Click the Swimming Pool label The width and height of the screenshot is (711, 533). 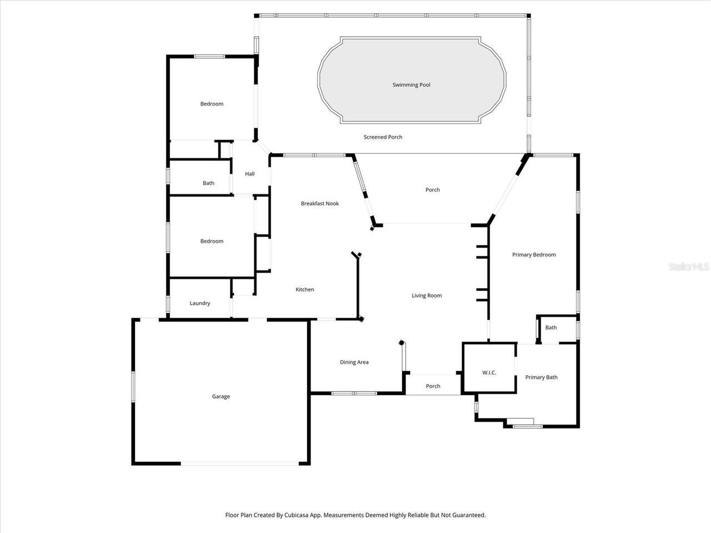pyautogui.click(x=411, y=85)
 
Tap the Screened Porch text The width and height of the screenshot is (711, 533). pyautogui.click(x=383, y=137)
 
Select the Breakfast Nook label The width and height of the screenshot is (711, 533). pyautogui.click(x=319, y=204)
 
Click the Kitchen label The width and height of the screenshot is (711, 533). pyautogui.click(x=304, y=290)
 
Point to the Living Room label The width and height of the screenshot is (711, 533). pyautogui.click(x=426, y=296)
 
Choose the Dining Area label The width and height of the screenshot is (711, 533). pyautogui.click(x=354, y=363)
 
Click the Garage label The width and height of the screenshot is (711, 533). pyautogui.click(x=221, y=397)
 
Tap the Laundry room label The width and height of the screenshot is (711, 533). pyautogui.click(x=199, y=304)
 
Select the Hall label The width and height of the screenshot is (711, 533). pyautogui.click(x=249, y=174)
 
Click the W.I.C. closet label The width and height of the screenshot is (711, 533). pyautogui.click(x=489, y=373)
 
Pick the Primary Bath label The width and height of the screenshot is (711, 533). pyautogui.click(x=541, y=378)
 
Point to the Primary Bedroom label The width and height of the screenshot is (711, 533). pyautogui.click(x=533, y=255)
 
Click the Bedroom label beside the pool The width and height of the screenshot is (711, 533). pyautogui.click(x=212, y=104)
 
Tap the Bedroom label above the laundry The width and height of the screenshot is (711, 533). pyautogui.click(x=212, y=242)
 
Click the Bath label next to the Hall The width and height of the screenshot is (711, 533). pyautogui.click(x=208, y=183)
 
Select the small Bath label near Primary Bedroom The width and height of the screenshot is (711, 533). pyautogui.click(x=550, y=328)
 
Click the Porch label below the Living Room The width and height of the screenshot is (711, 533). pyautogui.click(x=433, y=386)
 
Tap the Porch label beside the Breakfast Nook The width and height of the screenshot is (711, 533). pyautogui.click(x=432, y=190)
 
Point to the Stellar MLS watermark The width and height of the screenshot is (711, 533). pyautogui.click(x=689, y=267)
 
